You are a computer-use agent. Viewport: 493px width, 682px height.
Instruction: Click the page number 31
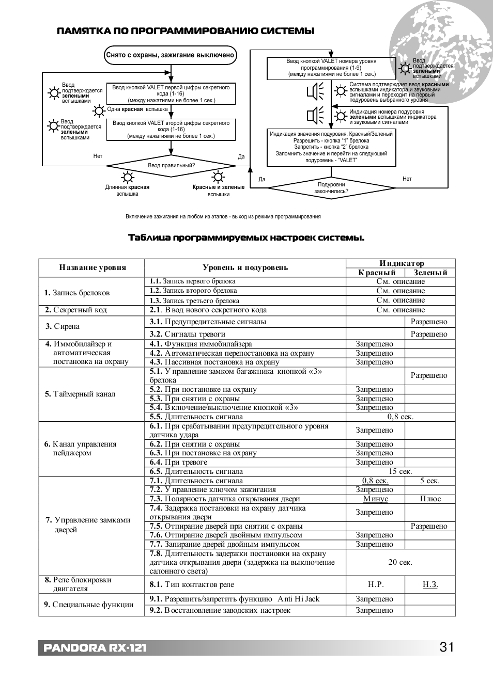(447, 647)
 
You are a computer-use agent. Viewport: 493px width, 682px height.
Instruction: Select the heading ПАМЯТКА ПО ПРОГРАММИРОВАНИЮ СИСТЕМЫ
(186, 31)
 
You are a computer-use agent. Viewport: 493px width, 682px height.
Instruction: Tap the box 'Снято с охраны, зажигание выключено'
(171, 55)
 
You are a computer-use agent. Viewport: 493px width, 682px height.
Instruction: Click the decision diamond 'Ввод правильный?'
(171, 166)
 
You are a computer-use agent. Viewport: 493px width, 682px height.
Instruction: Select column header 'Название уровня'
(93, 267)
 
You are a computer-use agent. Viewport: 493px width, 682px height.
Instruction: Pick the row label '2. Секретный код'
(76, 310)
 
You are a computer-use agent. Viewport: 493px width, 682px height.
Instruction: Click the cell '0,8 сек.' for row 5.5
(400, 417)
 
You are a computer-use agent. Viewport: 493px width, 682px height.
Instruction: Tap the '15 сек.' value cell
(400, 471)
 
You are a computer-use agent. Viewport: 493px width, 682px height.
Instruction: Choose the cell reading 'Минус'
(376, 499)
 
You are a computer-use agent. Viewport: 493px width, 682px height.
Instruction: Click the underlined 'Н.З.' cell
(430, 584)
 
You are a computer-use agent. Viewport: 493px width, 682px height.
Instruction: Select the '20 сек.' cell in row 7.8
(400, 562)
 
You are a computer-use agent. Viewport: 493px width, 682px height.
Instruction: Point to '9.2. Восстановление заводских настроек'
(220, 610)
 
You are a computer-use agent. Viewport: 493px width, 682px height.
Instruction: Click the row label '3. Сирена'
(63, 326)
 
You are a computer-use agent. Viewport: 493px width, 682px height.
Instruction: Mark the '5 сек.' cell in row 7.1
(430, 481)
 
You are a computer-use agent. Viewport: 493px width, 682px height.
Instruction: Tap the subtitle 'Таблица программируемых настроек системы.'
(246, 238)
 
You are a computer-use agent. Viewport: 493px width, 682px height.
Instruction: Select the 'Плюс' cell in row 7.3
(430, 499)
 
